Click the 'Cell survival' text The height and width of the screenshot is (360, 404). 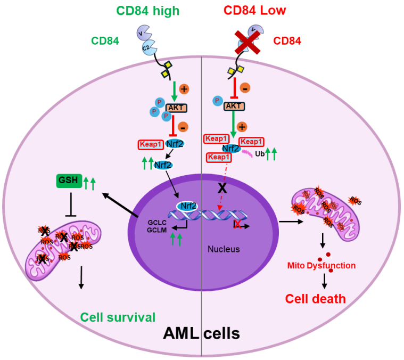pos(119,317)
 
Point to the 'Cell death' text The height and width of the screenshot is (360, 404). pos(315,299)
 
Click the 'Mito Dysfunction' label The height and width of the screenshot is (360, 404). pos(321,265)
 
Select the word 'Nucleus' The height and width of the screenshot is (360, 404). pos(224,249)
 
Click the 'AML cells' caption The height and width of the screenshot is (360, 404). pos(201,334)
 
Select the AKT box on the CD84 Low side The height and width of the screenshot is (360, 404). pos(234,106)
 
